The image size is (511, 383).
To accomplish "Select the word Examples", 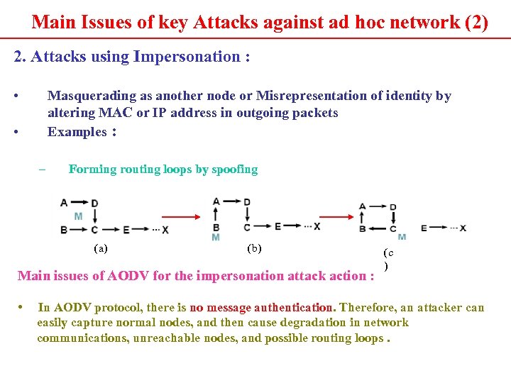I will [x=76, y=131].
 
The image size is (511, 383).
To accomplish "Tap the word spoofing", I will [x=235, y=170].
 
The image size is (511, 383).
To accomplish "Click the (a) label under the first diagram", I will [x=101, y=248].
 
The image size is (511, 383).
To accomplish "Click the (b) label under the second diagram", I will [x=253, y=248].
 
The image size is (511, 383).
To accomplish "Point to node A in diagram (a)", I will [x=64, y=203].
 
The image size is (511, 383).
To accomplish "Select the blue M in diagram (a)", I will [x=78, y=216].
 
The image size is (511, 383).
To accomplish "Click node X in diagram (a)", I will [x=165, y=230].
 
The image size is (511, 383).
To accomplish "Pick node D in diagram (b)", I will [x=247, y=202].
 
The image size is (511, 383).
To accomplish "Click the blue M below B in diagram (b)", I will [x=216, y=237].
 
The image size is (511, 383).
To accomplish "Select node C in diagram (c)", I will [x=392, y=228].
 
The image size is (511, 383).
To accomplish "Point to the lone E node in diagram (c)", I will [x=424, y=228].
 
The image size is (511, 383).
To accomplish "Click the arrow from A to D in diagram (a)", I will [x=79, y=203].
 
